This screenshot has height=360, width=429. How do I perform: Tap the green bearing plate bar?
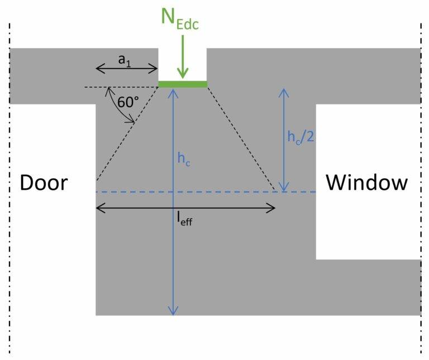point(182,84)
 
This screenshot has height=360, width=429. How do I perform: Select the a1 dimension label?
point(127,60)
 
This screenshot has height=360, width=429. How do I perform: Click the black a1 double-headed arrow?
point(127,69)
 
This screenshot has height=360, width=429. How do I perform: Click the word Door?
point(44,183)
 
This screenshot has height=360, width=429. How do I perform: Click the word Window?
point(367,183)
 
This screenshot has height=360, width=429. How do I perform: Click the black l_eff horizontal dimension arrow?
point(223,208)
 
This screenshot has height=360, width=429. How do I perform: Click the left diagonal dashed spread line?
point(127,134)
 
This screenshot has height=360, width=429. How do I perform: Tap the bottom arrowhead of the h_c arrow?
point(174,311)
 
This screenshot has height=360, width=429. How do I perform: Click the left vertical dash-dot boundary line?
point(9,190)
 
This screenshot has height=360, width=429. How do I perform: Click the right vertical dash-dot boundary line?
point(421,190)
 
